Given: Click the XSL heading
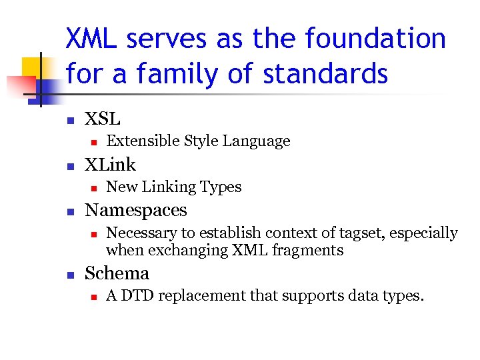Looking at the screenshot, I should [103, 119].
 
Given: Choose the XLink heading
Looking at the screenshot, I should [110, 165].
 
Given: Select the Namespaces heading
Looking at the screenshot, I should [136, 210].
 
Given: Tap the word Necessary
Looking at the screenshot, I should [138, 233].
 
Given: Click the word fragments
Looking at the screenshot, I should [312, 251].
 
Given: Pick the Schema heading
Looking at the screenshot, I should [117, 273].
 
